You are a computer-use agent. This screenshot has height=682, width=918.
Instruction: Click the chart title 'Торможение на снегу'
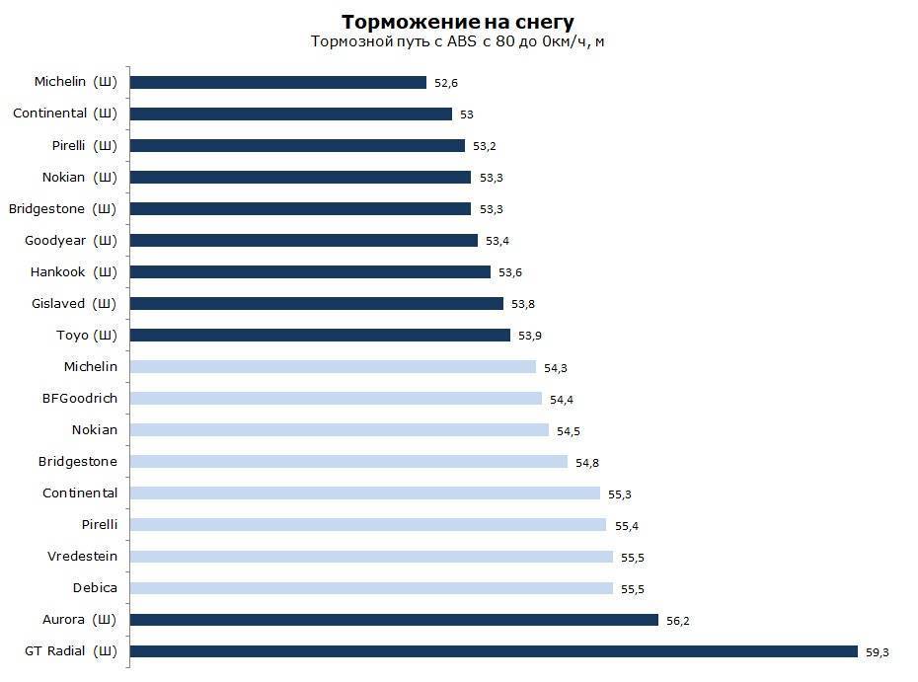pos(457,22)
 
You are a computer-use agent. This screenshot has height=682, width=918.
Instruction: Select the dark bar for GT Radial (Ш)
pos(494,651)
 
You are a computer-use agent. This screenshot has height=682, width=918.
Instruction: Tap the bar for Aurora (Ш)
pos(394,620)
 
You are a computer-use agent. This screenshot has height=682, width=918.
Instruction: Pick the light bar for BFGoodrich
pos(336,399)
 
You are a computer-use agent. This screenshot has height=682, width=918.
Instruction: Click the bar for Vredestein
pos(371,557)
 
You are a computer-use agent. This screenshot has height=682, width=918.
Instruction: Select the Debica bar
pos(371,588)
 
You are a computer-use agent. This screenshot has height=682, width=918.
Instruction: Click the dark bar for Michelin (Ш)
pos(278,83)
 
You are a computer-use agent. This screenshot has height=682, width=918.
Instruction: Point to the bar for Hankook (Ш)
pos(310,272)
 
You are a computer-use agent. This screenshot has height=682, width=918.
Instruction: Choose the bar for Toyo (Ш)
pos(320,336)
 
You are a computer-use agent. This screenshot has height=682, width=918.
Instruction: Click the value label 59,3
pos(879,652)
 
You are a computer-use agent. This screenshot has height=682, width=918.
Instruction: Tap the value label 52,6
pos(446,84)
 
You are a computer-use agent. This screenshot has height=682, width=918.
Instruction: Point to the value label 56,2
pos(678,621)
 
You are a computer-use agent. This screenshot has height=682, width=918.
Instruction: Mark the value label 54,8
pos(587,463)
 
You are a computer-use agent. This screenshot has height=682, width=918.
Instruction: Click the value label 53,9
pos(530,337)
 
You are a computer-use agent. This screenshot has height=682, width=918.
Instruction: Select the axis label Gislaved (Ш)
pos(74,304)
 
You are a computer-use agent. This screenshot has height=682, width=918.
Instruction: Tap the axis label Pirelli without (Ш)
pos(99,525)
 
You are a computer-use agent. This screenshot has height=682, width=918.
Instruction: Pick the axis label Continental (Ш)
pos(65,114)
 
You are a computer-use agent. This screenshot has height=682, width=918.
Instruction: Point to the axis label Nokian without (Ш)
pos(94,430)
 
